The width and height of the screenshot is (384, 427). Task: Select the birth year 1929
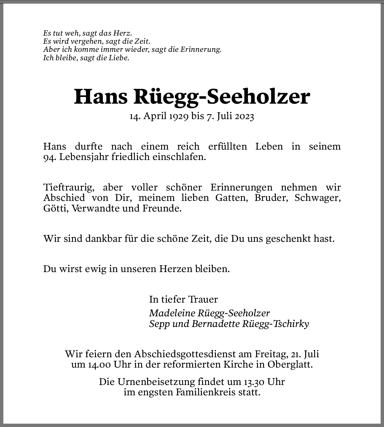point(178,116)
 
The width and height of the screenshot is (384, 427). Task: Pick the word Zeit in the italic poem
point(143,41)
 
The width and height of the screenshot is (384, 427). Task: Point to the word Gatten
point(232,198)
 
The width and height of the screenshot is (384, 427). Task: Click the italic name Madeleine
point(172,313)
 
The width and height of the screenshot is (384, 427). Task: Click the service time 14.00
point(91,365)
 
